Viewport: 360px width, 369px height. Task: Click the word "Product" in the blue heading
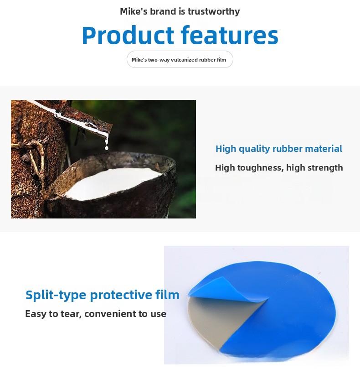[128, 36]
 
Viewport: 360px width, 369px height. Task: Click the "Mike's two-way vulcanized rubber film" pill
[180, 60]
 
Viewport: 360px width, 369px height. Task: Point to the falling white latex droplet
[107, 146]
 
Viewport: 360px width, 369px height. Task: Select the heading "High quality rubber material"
[278, 149]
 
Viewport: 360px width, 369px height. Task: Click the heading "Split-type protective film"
[103, 295]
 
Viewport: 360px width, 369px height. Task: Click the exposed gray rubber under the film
[214, 329]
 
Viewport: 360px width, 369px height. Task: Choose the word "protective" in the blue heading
[119, 295]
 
